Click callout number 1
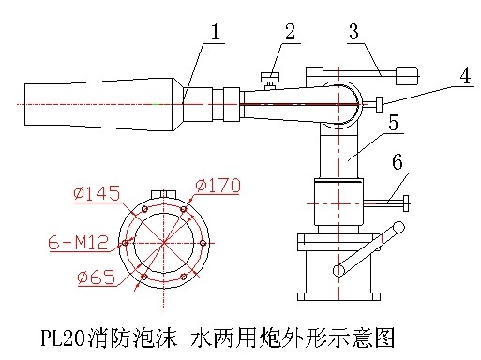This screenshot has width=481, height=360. (x=216, y=32)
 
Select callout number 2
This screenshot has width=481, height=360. (x=290, y=32)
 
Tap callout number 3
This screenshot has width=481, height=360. (x=353, y=32)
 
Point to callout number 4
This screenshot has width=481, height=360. (x=465, y=76)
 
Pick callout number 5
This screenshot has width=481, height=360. (x=393, y=122)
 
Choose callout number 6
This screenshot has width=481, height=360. (x=398, y=162)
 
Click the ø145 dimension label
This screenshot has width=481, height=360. (x=97, y=193)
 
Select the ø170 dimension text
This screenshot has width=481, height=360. (x=218, y=186)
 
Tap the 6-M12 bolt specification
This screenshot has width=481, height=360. (x=79, y=242)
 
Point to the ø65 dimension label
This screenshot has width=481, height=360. (x=97, y=277)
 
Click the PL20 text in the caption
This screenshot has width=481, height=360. (x=63, y=338)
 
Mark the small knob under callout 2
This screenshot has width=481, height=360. (x=270, y=81)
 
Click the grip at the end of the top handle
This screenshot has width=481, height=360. (x=407, y=76)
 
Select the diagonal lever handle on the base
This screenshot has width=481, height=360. (x=368, y=249)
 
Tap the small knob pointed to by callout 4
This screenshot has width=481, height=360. (x=380, y=104)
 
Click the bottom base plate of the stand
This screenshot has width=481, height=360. (x=338, y=296)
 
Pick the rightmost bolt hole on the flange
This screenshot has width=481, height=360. (x=203, y=243)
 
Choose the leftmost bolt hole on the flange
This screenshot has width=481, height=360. (x=126, y=243)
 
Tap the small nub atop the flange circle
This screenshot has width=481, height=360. (x=163, y=194)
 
